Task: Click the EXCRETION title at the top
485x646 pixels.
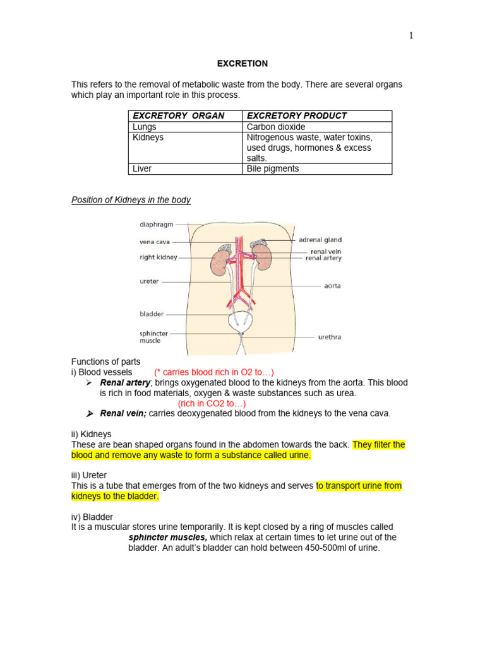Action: [x=242, y=64]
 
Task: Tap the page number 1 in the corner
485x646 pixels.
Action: [x=411, y=36]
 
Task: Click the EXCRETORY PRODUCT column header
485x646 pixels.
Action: [x=296, y=115]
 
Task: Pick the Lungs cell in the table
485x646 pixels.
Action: [x=144, y=127]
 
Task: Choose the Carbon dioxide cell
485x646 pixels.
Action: [x=275, y=127]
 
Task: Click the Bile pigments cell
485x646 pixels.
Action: [x=273, y=169]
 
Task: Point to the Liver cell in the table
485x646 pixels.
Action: [x=142, y=169]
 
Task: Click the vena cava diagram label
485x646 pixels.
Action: [x=155, y=241]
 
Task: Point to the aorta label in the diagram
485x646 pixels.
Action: [x=332, y=286]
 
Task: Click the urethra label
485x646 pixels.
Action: [x=329, y=337]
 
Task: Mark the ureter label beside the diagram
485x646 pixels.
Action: [x=149, y=281]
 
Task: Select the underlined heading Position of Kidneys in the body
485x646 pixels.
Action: [x=131, y=200]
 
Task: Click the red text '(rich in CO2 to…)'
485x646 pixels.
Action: [x=212, y=404]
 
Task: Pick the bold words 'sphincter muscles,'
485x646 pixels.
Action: [x=167, y=537]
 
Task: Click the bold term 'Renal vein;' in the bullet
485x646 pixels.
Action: [x=123, y=414]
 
